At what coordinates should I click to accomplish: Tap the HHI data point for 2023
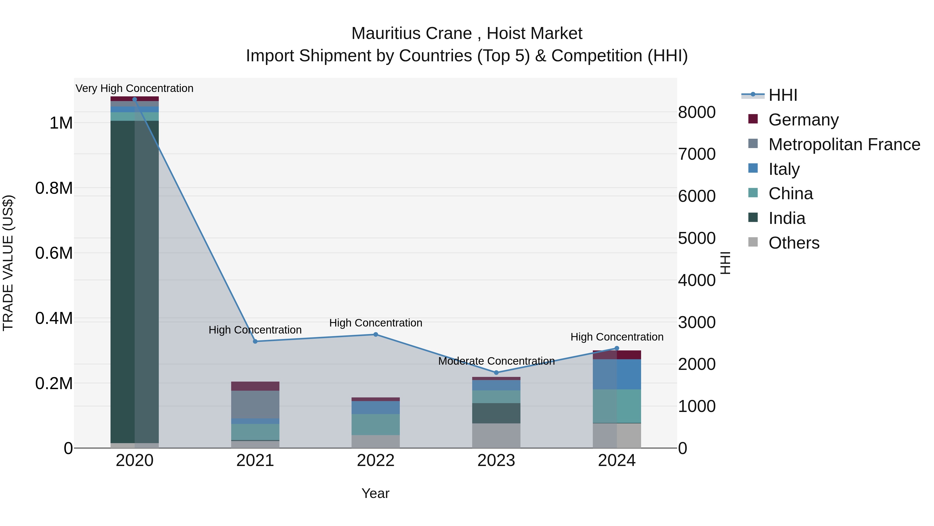496,372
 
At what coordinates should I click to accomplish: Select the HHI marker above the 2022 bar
376,334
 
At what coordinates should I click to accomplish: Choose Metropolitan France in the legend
844,144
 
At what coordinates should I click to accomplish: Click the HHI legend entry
782,95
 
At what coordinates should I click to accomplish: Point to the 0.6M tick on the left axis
54,253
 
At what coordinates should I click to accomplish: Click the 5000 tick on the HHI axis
697,238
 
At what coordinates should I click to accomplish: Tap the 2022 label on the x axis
376,461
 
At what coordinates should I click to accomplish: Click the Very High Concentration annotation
134,88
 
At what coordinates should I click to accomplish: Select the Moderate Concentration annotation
496,361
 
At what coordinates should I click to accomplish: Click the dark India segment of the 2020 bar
134,281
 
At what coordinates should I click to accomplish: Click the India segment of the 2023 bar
496,413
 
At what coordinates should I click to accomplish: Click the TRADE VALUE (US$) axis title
8,263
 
